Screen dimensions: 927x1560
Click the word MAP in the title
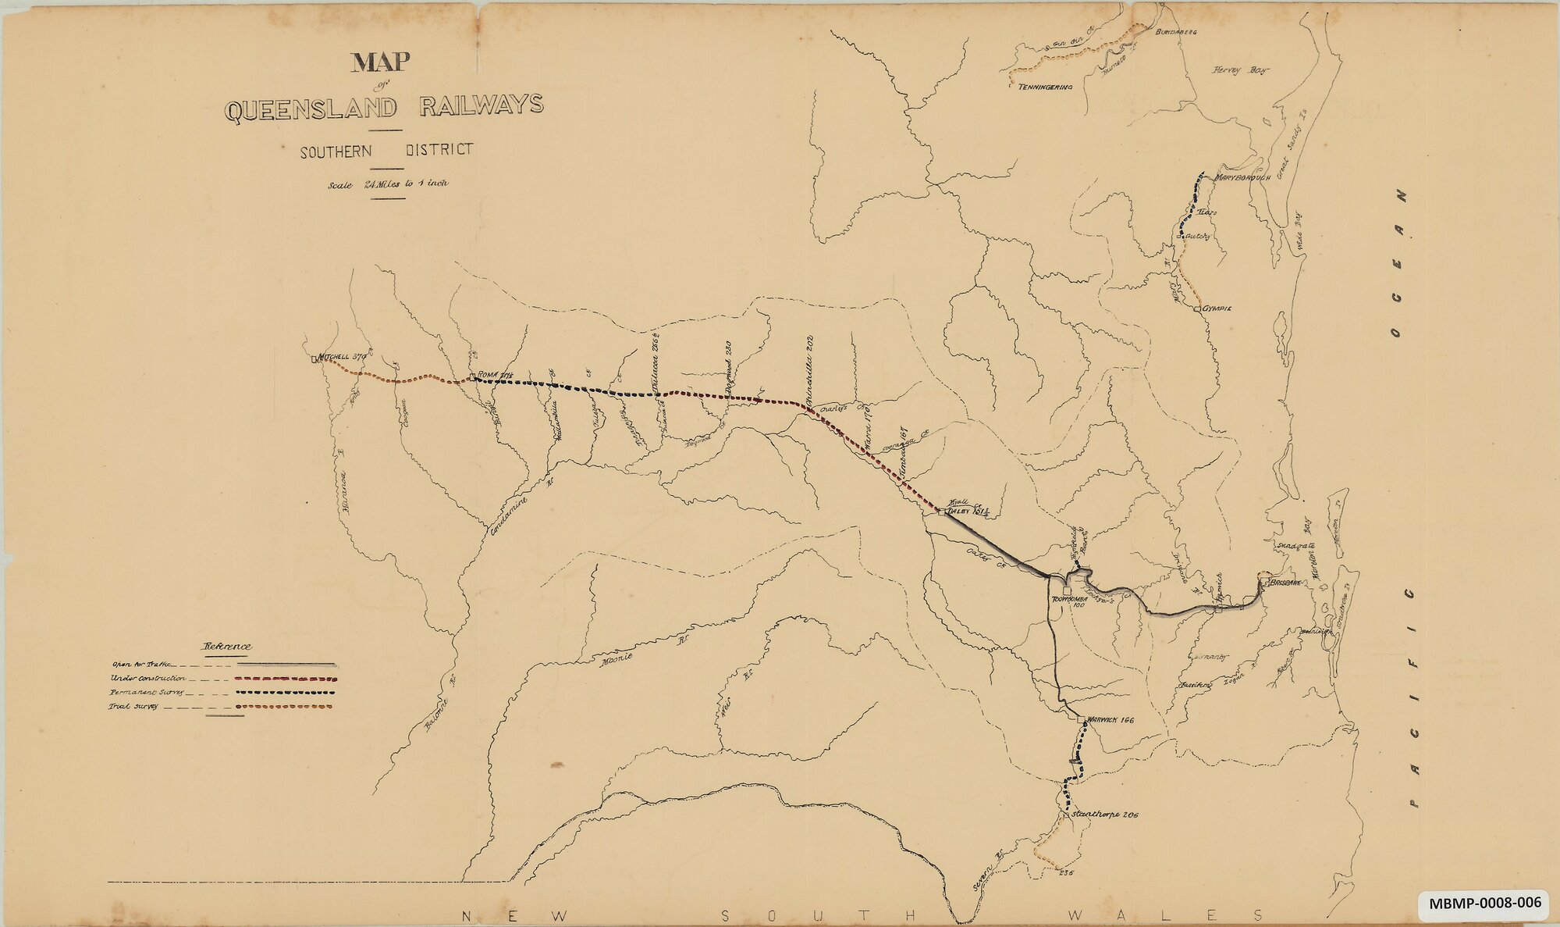[381, 62]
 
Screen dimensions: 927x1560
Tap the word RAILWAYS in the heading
[480, 105]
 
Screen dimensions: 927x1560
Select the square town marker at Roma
[472, 379]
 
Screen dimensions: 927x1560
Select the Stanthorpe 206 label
[1104, 815]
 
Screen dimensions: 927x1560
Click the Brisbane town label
[1285, 583]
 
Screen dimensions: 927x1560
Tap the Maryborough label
[1243, 177]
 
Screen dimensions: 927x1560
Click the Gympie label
[1217, 308]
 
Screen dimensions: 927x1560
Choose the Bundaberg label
[1176, 32]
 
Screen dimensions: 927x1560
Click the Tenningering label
[1045, 87]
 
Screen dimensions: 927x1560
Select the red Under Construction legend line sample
[285, 679]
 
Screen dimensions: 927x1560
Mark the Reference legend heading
[227, 646]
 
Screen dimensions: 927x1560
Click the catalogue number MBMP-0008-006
[1485, 904]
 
